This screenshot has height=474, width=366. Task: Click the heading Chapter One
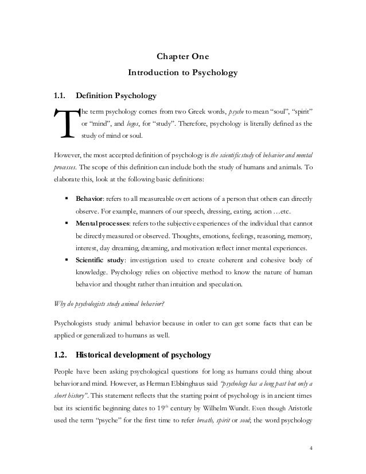click(x=182, y=56)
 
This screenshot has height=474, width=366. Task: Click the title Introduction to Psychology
click(x=182, y=73)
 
